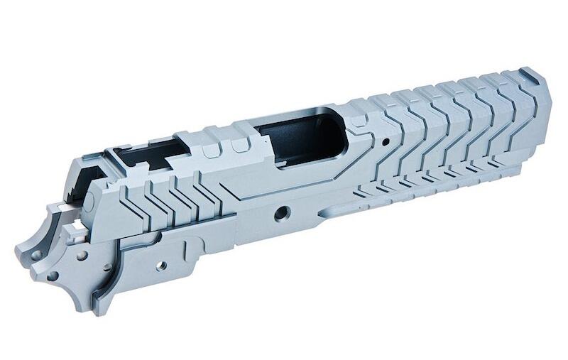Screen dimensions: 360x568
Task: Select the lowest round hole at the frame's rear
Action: click(53, 276)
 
